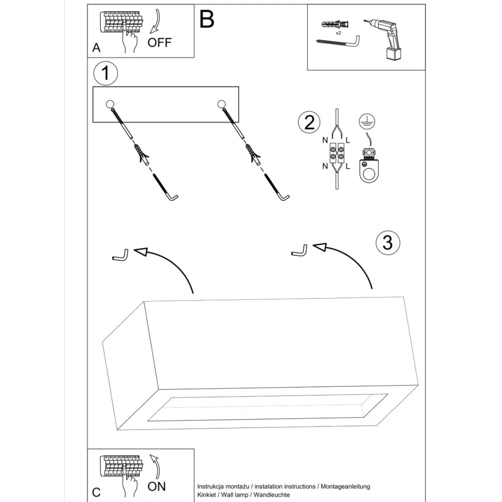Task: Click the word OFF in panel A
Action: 159,42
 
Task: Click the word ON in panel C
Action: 157,486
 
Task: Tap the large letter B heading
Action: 206,19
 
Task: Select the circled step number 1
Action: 106,74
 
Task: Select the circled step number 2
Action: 309,123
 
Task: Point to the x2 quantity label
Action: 338,33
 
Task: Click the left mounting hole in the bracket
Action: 110,104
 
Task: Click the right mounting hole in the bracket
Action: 222,104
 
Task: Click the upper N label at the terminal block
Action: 324,140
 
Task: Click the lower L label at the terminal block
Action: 348,166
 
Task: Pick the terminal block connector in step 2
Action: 336,153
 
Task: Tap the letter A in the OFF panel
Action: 96,48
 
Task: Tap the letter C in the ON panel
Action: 96,492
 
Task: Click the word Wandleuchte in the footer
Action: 271,495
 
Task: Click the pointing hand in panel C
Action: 129,484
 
